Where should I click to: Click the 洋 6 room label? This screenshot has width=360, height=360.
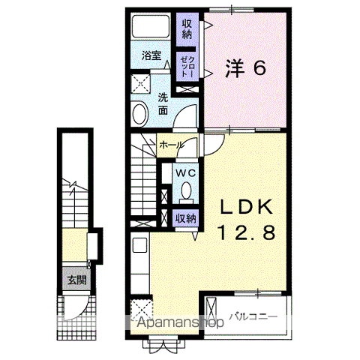[x=245, y=68]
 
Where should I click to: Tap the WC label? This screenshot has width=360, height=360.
[x=185, y=172]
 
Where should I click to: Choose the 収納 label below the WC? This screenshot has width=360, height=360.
[x=185, y=218]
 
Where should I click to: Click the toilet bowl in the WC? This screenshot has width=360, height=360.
[x=185, y=193]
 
